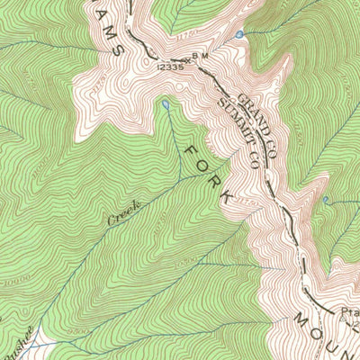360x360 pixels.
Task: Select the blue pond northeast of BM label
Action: point(238,34)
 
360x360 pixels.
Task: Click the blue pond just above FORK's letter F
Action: point(166,105)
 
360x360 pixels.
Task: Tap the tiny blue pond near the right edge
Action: point(326,198)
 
